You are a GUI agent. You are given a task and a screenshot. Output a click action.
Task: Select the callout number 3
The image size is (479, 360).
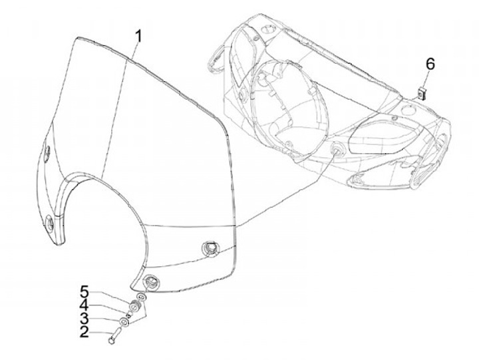click(x=84, y=319)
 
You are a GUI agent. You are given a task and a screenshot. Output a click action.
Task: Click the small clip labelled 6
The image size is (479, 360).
click(x=422, y=92)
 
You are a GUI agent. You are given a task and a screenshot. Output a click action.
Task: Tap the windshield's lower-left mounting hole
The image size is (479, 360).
click(x=51, y=223)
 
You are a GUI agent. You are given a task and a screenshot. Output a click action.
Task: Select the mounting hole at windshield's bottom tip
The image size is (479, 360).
click(x=152, y=282)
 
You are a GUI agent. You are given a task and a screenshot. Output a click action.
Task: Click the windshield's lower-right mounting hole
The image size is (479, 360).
click(x=210, y=249)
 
